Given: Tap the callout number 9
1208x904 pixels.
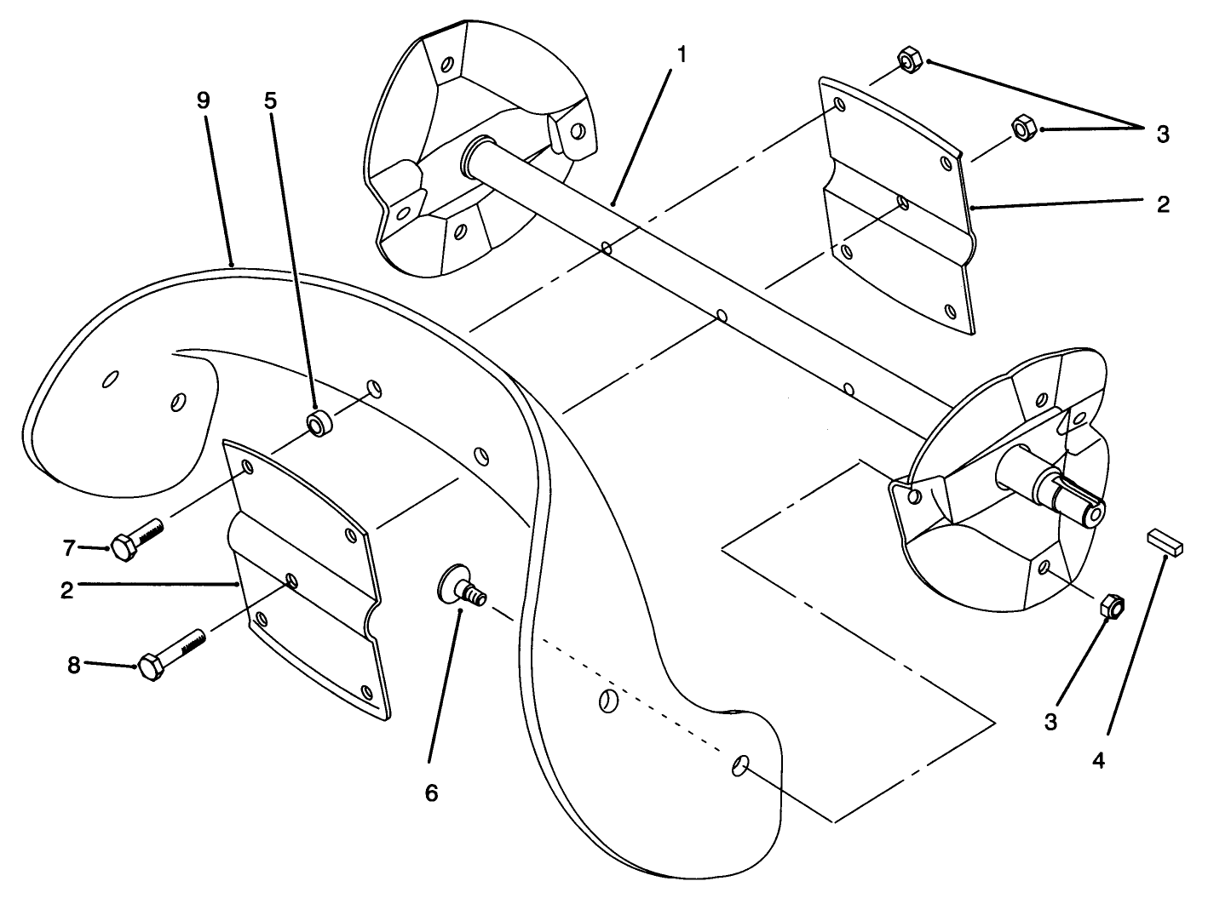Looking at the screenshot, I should pos(203,100).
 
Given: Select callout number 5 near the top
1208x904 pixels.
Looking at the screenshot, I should pos(270,100).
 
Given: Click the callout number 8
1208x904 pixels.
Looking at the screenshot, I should pos(75,665).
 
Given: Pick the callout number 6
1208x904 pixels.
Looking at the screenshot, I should pos(431,792).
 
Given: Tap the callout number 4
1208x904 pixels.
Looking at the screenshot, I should pos(1098,760).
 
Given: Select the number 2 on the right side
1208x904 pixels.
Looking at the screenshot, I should pos(1163,203).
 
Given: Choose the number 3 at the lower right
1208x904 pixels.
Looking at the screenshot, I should pos(1050,723).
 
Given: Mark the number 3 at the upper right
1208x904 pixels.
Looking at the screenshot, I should pos(1163,134).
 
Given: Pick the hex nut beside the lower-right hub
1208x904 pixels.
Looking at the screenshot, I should pos(1113,606).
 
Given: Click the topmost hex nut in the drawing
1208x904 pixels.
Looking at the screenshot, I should pos(908,62).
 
